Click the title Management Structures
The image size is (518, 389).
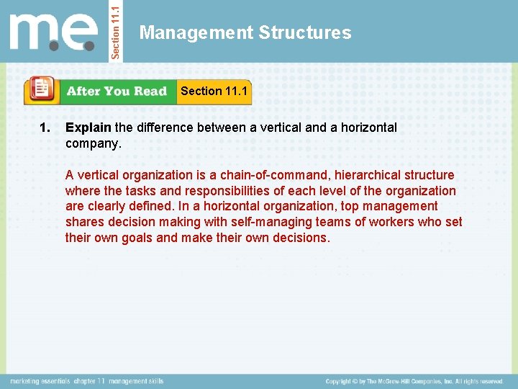click(245, 32)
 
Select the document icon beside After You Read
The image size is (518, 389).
click(42, 90)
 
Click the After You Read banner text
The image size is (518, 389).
click(117, 91)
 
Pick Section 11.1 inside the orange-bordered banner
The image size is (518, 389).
click(214, 91)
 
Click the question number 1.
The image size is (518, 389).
click(45, 128)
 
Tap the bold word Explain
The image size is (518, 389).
click(88, 128)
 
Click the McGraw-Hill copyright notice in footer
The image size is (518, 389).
click(414, 381)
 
